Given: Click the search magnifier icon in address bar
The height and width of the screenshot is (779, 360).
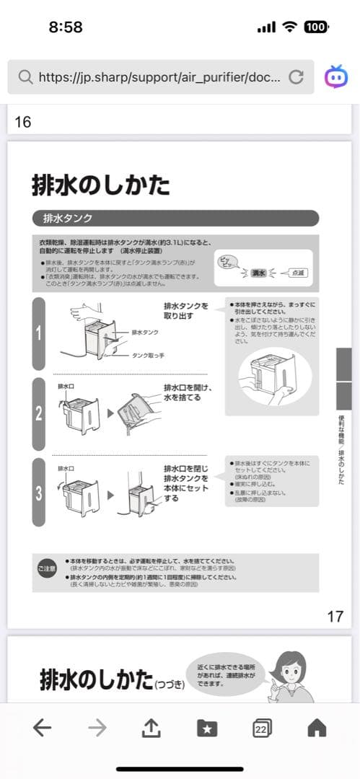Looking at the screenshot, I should pyautogui.click(x=25, y=77).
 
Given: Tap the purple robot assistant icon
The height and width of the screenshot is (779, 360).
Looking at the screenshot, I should pyautogui.click(x=335, y=76).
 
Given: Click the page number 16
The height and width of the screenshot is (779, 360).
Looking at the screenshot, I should pyautogui.click(x=23, y=122).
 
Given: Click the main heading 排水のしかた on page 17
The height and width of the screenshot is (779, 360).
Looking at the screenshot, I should pyautogui.click(x=101, y=185).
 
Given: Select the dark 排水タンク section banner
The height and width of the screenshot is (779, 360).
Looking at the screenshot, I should pyautogui.click(x=175, y=218).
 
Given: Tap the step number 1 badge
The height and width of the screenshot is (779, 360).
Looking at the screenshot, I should pyautogui.click(x=39, y=333).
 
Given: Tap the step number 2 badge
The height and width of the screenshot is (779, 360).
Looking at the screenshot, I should pyautogui.click(x=39, y=413).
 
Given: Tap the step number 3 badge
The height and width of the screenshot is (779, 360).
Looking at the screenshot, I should pyautogui.click(x=39, y=492).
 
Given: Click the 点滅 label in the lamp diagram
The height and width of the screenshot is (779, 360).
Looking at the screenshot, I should pyautogui.click(x=297, y=273).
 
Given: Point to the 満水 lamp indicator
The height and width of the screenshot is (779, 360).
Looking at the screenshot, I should pyautogui.click(x=259, y=273).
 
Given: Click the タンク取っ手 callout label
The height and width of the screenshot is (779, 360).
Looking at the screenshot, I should pyautogui.click(x=149, y=356).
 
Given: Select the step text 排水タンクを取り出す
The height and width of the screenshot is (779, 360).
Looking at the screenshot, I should pyautogui.click(x=185, y=311).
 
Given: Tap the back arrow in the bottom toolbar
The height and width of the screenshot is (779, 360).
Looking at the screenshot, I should pyautogui.click(x=43, y=729).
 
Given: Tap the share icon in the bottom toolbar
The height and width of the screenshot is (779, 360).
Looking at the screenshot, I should pyautogui.click(x=150, y=729).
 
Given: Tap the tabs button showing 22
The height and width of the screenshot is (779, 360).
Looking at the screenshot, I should pyautogui.click(x=262, y=729).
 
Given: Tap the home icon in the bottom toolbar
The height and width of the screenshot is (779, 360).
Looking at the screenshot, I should pyautogui.click(x=317, y=729).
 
